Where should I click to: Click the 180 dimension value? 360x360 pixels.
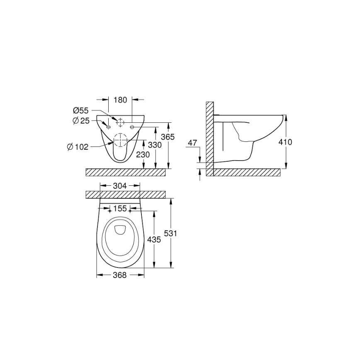pos(120,100)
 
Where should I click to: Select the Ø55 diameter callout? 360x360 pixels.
pos(81,111)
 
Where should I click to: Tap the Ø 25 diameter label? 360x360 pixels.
pos(81,121)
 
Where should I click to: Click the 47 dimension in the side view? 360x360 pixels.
pos(192,142)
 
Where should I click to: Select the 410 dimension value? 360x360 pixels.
pos(286,142)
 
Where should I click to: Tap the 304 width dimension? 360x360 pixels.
pos(120,186)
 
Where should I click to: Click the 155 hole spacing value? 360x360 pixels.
pos(120,209)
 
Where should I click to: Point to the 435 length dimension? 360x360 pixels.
pos(154,240)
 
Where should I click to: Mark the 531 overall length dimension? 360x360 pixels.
pos(171,234)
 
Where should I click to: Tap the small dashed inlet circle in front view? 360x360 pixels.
pos(120,123)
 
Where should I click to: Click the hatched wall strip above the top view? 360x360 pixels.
pos(125,195)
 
